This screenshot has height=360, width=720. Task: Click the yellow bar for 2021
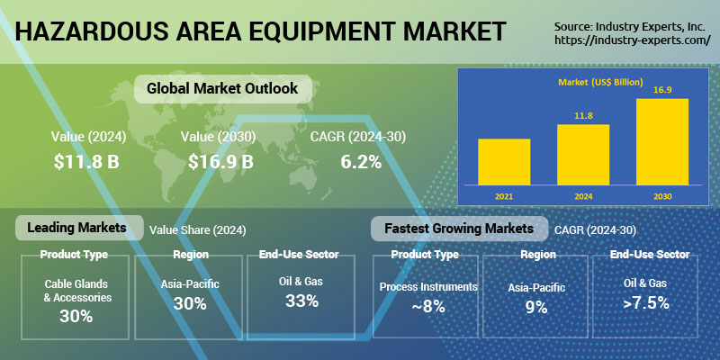coord(504,162)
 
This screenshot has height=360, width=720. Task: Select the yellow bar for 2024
coord(583,155)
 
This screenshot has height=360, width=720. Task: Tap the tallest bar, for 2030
coord(662,142)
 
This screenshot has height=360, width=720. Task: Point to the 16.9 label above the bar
coord(662,89)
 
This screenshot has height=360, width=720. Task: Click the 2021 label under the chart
coord(504,196)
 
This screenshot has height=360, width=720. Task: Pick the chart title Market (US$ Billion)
coord(600,82)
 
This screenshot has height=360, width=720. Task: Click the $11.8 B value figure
coord(86,162)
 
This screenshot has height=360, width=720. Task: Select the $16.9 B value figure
coord(220,162)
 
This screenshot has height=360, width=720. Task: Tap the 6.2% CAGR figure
coord(361,162)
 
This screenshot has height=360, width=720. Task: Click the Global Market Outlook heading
coord(222,88)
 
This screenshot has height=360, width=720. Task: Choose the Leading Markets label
coord(76,228)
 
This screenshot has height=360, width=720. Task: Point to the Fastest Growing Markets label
coord(459,229)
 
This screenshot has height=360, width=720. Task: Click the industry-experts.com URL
coord(633,40)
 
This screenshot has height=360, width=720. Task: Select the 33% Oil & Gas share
coord(301,301)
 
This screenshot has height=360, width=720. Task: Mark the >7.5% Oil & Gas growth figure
coord(645,303)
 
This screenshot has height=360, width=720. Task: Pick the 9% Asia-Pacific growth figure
coord(536,307)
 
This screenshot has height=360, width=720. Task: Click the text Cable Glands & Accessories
coord(77,291)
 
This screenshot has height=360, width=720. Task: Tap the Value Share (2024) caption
coord(197,230)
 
